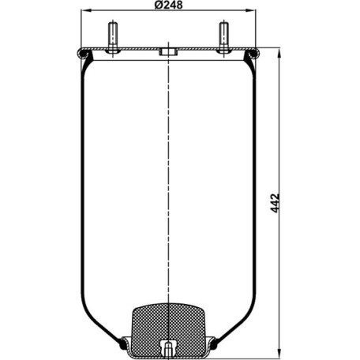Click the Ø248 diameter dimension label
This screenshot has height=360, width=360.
(168, 5)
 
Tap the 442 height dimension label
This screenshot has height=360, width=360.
(275, 203)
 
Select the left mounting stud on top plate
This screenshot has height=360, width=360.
(113, 37)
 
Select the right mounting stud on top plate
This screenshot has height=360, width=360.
(224, 37)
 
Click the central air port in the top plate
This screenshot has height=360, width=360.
(168, 52)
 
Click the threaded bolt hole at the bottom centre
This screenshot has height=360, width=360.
(168, 348)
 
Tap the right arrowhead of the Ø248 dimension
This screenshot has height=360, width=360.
(251, 10)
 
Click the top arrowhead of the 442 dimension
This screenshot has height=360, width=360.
(279, 53)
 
